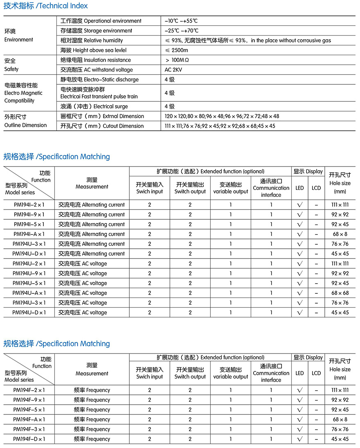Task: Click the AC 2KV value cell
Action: pos(173,70)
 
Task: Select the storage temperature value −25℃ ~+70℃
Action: pos(182,31)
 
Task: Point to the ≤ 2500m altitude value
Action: pos(177,50)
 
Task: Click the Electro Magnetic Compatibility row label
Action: pos(23,93)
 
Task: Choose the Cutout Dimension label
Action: pos(102,126)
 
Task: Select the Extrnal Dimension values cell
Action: pos(222,116)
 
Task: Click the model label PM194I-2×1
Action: pos(29,205)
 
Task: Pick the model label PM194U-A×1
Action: pos(29,293)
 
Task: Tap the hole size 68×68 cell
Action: pos(340,293)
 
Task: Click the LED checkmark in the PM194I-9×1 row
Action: pos(299,214)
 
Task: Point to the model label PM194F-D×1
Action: pos(29,439)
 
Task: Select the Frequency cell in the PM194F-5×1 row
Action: pos(92,410)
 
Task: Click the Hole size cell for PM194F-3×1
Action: pos(340,429)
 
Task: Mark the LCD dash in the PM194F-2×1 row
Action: pos(316,390)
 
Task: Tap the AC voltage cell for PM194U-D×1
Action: pos(83,313)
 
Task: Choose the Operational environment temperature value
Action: pos(182,21)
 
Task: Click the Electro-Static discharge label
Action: pos(99,80)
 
